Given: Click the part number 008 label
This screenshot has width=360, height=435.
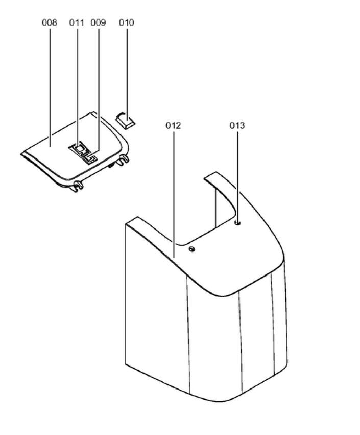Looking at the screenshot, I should [x=50, y=22].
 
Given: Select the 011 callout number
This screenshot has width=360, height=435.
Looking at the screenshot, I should [x=77, y=22].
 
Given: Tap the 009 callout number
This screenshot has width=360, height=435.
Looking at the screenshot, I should [x=98, y=22].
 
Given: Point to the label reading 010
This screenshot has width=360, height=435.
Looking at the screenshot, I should [x=126, y=22].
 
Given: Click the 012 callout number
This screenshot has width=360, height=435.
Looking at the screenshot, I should [x=174, y=125].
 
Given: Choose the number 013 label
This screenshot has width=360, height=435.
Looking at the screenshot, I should [x=237, y=125].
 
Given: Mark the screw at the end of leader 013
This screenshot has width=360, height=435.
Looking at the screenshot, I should [x=238, y=223].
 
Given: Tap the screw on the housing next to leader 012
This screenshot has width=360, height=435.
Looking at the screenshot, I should [x=191, y=249].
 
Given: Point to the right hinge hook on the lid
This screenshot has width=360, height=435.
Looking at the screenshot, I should [x=122, y=161].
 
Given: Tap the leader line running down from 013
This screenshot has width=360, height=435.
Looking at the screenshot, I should [x=237, y=174].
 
